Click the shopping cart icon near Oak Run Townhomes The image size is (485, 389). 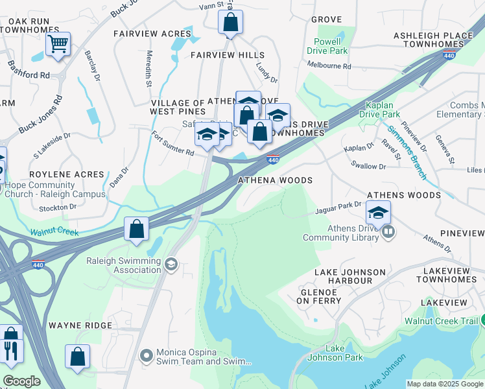tap(58, 45)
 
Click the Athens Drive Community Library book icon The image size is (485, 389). tap(388, 231)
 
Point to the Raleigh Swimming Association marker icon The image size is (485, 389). tap(171, 264)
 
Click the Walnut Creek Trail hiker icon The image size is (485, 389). tap(482, 321)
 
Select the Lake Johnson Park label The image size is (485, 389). tap(344, 353)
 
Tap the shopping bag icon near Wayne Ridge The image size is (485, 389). tap(77, 356)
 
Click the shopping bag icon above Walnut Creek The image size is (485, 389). tap(136, 229)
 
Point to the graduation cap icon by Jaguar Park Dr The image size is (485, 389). tap(379, 212)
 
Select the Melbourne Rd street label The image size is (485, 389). tap(329, 66)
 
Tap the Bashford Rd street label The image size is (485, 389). tap(28, 71)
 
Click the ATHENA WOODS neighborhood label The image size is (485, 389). tap(276, 180)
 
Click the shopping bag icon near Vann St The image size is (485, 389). tap(230, 23)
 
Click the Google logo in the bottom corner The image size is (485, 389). tap(21, 381)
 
